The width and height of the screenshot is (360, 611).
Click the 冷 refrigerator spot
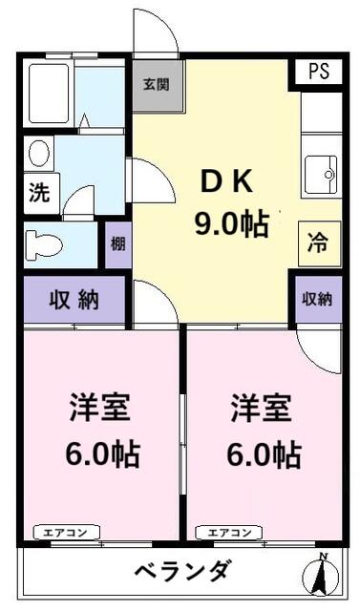click(x=316, y=242)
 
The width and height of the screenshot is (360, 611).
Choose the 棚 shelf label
click(x=116, y=242)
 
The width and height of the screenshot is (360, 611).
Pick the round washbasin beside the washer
click(x=39, y=154)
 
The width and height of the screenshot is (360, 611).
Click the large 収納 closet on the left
click(x=75, y=300)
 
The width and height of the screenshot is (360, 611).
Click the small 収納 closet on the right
click(x=317, y=299)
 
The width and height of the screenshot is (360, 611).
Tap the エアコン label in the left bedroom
click(x=63, y=533)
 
